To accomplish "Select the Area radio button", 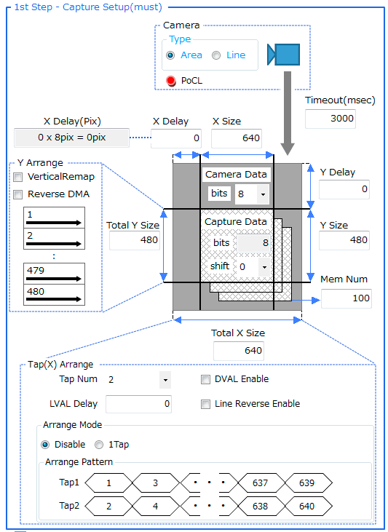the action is tap(170, 55).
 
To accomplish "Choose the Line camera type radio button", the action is tap(216, 55).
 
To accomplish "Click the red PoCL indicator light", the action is tap(171, 81).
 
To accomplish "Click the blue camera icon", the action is tap(284, 55).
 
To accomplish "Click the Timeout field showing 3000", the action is tap(330, 119).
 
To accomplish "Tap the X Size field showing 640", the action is tap(237, 138).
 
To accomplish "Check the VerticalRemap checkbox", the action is tap(17, 177).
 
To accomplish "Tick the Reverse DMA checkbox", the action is tap(17, 194).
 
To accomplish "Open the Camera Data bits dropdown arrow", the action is tap(263, 194).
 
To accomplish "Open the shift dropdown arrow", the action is tap(264, 266).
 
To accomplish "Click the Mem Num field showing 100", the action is tap(347, 298).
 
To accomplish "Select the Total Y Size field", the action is tap(135, 240).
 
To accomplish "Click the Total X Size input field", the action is tap(239, 351).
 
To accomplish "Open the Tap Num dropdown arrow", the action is tap(165, 380).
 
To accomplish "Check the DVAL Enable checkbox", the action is tap(205, 379).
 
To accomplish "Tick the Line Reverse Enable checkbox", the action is tap(205, 404).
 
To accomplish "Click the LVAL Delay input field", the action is tap(138, 404).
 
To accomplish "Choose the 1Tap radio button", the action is tap(99, 445).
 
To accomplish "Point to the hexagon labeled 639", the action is tap(308, 483).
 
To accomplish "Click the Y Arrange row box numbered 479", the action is tap(54, 274).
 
